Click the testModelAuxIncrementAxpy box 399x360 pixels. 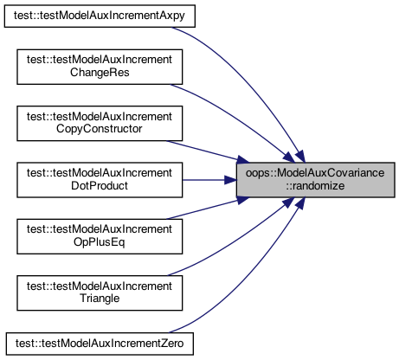click(100, 16)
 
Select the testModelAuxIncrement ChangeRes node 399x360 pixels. click(100, 67)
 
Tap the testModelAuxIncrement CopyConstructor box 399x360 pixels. click(100, 124)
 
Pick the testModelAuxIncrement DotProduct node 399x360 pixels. click(100, 180)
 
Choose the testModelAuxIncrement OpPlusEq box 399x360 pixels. click(100, 236)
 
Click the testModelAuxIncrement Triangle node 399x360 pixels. click(100, 293)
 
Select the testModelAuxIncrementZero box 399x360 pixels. click(100, 344)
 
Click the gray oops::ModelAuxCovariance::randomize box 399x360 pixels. click(316, 180)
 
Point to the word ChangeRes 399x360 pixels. click(100, 73)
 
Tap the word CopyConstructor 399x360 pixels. click(100, 129)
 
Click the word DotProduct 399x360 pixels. click(100, 185)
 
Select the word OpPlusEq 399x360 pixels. click(100, 242)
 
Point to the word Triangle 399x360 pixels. click(100, 299)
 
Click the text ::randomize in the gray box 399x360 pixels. click(315, 186)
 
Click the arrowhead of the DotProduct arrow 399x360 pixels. click(230, 180)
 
